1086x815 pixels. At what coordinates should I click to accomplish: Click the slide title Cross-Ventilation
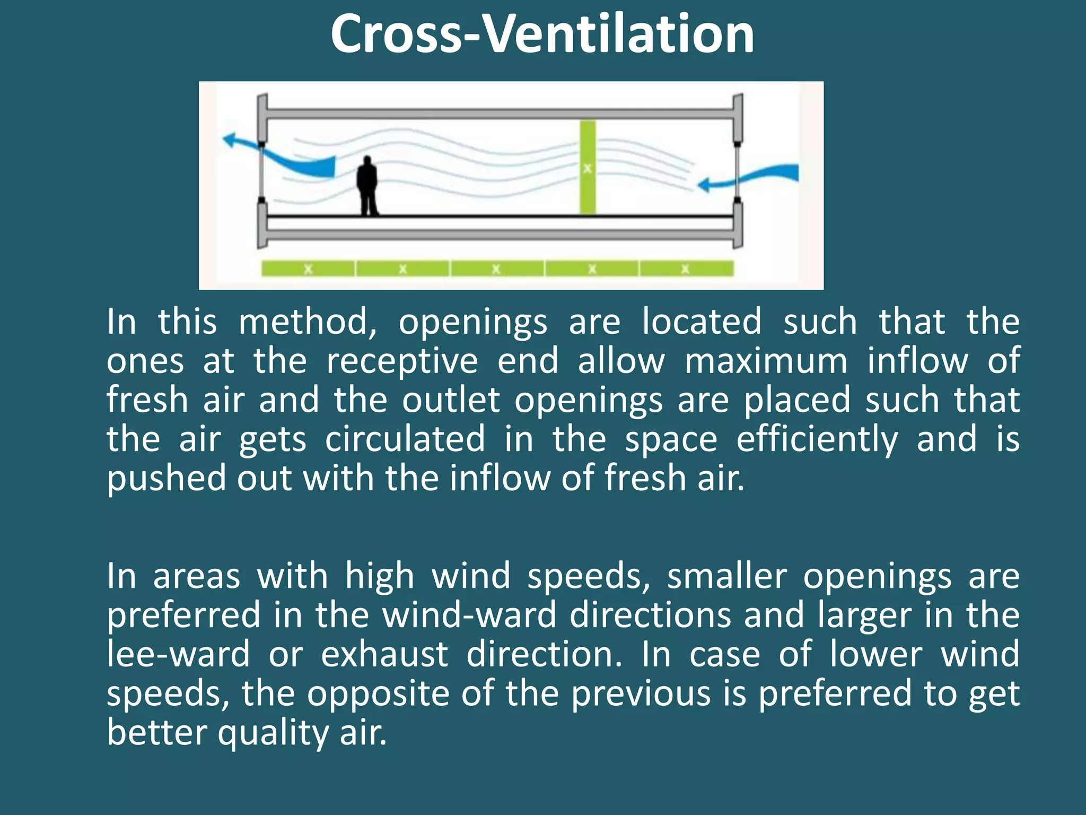[542, 35]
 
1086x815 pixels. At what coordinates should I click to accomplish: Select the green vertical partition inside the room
[587, 168]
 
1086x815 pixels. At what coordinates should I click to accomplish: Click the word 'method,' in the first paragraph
[308, 323]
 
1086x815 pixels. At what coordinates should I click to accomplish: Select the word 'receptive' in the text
[402, 362]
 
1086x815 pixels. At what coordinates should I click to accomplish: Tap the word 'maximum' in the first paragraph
[766, 362]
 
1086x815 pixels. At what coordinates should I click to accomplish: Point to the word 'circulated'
[405, 440]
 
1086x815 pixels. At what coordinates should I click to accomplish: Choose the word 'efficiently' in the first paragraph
[817, 440]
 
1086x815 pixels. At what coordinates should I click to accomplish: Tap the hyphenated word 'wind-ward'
[469, 615]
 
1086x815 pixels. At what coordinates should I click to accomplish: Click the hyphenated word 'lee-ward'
[178, 654]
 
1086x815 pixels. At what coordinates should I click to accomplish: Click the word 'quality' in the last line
[274, 733]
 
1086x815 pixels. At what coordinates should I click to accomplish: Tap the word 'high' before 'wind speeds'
[380, 576]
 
